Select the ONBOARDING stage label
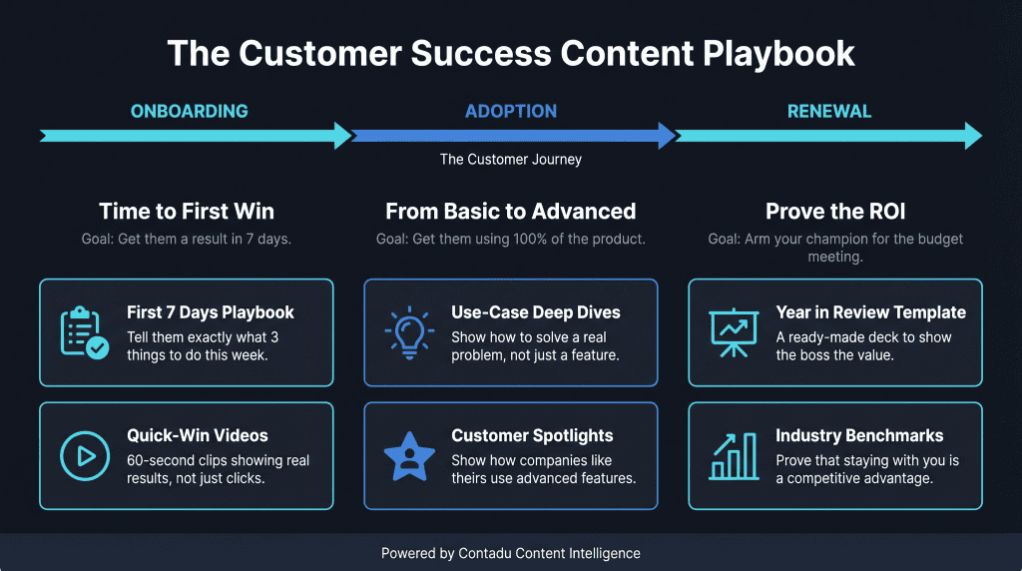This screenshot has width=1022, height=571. coord(189,111)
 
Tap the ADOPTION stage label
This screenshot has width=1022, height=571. coord(511,111)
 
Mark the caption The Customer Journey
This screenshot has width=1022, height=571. coord(511,160)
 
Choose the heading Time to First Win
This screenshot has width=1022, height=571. coord(187,211)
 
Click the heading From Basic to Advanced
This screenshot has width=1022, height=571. coord(511,211)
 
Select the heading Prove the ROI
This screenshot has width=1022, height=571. coord(834,211)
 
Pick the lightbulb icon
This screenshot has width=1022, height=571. coord(409,333)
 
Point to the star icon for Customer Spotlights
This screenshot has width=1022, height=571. coord(409,456)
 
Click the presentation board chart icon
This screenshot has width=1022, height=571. coord(734,333)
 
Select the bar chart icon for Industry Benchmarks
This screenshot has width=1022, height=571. coord(734,456)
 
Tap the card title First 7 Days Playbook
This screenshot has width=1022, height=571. coord(211,312)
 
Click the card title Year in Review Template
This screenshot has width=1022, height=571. coord(871,312)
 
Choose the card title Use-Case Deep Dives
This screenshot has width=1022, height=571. coord(535,312)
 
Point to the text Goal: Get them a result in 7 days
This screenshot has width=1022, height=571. coord(187,240)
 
